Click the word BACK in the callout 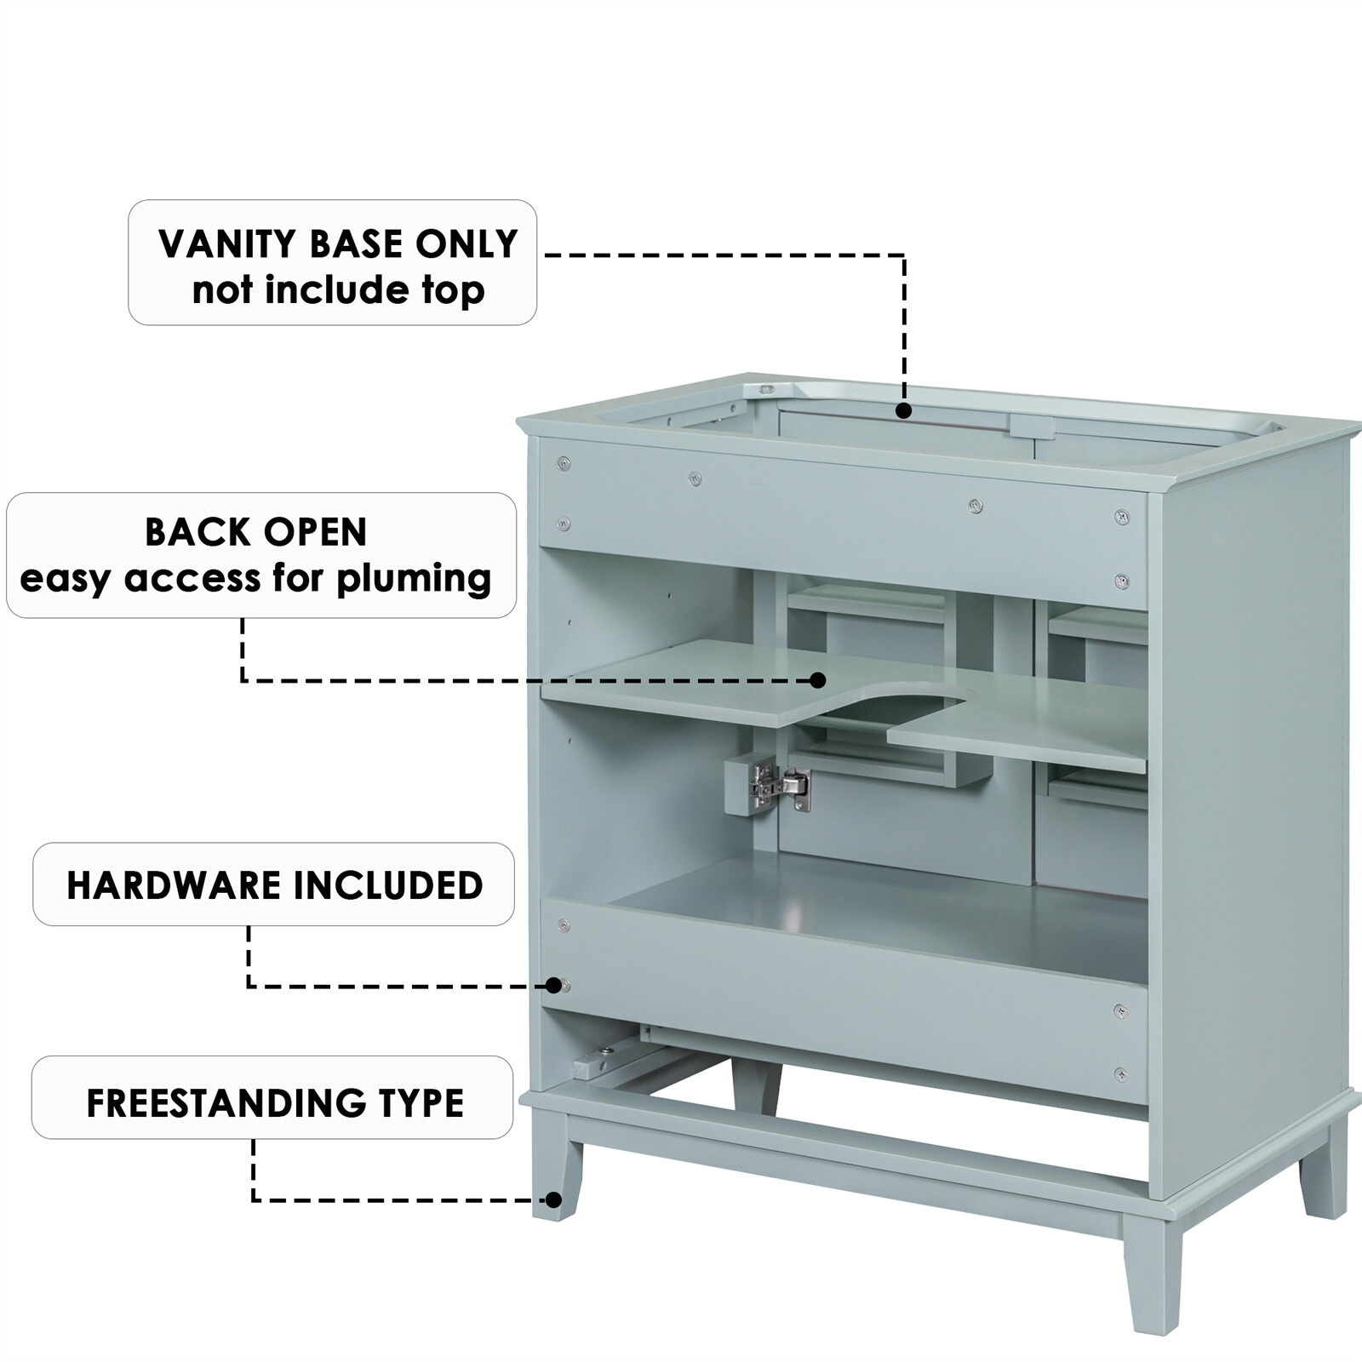point(188,533)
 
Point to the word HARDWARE point(173,885)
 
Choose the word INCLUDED point(395,885)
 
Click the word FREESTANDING point(225,1103)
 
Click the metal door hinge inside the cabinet point(778,785)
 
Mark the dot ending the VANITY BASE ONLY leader point(904,411)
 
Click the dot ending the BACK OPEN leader point(818,680)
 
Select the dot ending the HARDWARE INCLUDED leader point(556,986)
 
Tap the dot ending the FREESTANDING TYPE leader point(553,1200)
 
